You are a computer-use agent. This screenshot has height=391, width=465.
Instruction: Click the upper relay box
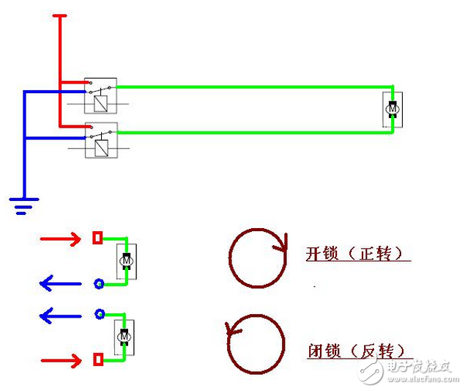coord(100,95)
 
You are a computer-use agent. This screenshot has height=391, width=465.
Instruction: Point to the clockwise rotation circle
coord(256,257)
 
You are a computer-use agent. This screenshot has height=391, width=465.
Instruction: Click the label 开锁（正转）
coord(358,254)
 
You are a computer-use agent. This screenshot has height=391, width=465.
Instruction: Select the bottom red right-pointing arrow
coord(62,360)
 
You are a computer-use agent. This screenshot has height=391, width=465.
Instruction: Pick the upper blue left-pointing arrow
coord(62,282)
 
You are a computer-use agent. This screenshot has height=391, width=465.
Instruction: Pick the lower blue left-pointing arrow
coord(62,315)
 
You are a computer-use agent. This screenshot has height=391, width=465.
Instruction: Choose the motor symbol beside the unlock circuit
coord(126,260)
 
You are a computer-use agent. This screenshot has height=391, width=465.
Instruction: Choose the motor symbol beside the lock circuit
coord(124,337)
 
